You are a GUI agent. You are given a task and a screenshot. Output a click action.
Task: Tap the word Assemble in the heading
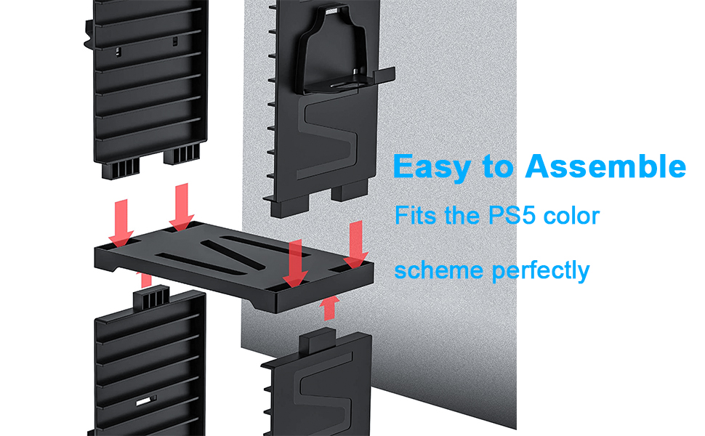pyautogui.click(x=605, y=166)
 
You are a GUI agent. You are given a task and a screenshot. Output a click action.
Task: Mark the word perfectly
pyautogui.click(x=540, y=272)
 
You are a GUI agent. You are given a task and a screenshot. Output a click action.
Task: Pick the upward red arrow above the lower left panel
pyautogui.click(x=146, y=279)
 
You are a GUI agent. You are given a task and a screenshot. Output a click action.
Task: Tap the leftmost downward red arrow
pyautogui.click(x=120, y=221)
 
